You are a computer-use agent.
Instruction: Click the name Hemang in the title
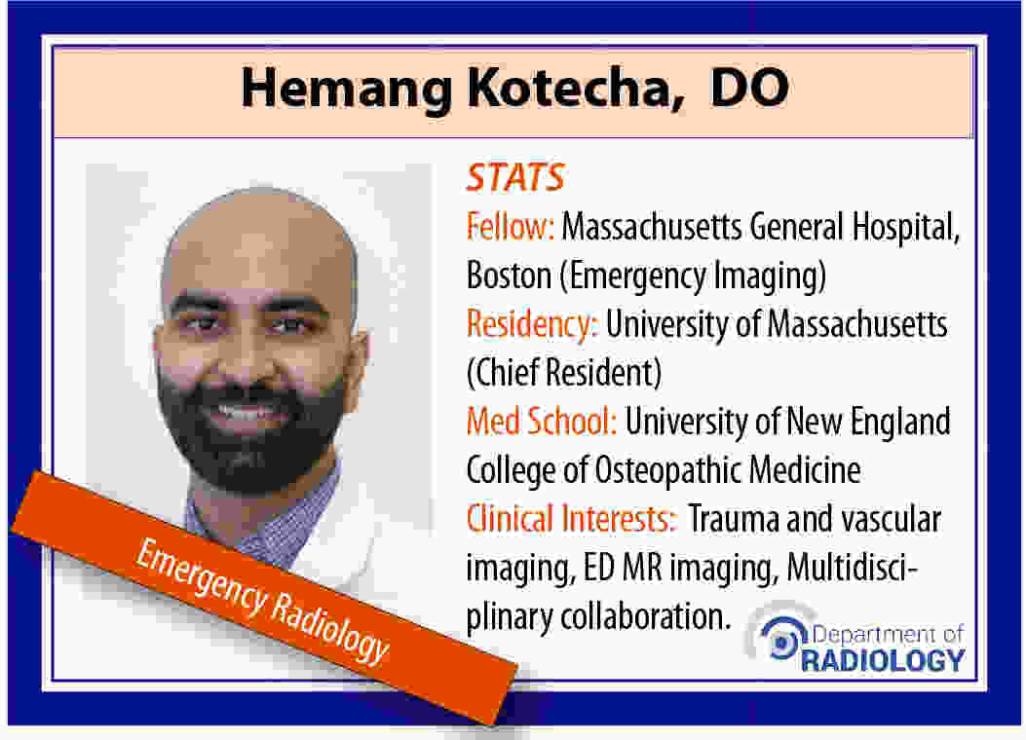(346, 90)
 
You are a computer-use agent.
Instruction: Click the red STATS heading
(515, 177)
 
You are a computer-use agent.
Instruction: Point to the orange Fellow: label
(511, 227)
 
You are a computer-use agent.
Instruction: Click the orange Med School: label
(541, 421)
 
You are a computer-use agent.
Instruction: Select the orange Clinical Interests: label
(571, 518)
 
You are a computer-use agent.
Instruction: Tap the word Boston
(509, 276)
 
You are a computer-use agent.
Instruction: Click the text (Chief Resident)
(564, 373)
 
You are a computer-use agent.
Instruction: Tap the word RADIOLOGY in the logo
(883, 660)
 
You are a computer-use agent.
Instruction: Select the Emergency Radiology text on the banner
(262, 600)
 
